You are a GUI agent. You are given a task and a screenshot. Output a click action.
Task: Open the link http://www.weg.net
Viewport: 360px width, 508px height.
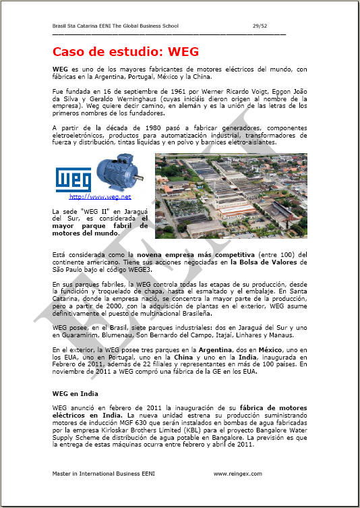click(x=100, y=197)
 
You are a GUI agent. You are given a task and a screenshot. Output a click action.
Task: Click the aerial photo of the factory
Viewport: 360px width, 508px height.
click(x=231, y=195)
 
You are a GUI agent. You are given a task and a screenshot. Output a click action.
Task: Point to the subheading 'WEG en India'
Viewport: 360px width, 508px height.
click(x=76, y=393)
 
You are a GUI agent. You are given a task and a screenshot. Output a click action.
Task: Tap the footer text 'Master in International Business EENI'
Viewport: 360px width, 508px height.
click(x=103, y=474)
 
